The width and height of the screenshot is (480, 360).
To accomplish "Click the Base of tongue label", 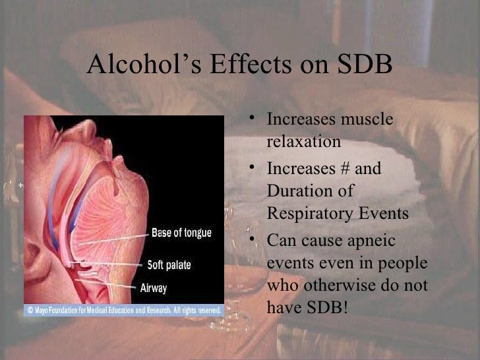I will (181, 233).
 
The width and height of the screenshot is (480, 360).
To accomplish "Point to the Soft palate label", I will (169, 264).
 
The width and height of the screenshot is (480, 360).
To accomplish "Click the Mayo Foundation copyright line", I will (124, 309).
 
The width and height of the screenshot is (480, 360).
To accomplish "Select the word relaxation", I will (304, 142).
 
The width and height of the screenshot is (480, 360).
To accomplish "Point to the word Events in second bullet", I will (388, 214).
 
